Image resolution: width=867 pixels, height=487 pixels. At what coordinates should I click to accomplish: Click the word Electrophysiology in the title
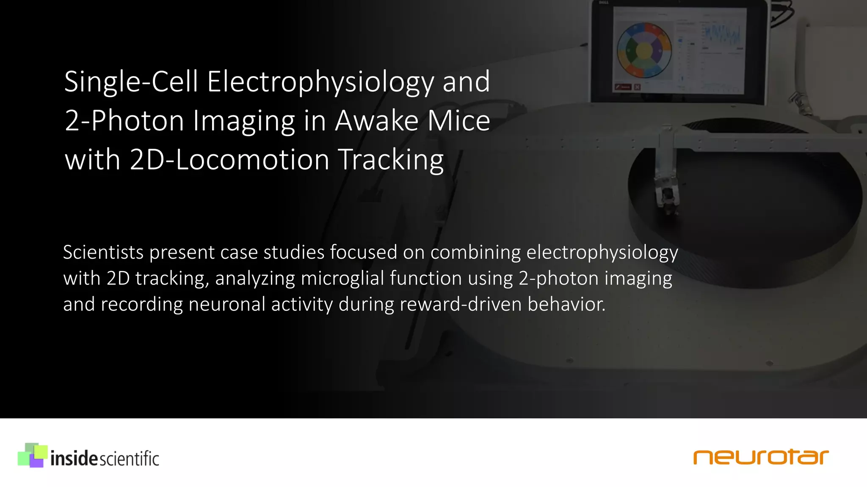coord(320,82)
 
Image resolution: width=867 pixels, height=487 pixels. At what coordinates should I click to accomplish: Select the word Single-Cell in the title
coord(131,82)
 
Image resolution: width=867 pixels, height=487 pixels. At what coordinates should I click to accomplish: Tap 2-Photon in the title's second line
coord(125,121)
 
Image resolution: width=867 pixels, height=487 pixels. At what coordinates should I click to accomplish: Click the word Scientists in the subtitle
coord(103,252)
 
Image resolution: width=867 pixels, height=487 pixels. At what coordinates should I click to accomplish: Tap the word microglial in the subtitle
coord(342,279)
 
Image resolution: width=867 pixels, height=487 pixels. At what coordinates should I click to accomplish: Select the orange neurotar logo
coord(761,457)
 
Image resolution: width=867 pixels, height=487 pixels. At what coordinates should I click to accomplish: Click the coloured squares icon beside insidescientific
coord(32,455)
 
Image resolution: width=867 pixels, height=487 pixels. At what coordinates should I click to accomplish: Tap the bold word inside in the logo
coord(74,459)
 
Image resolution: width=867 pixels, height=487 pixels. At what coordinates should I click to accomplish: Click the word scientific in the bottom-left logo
coord(129,459)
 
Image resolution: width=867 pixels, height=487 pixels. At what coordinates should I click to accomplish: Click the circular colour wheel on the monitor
coord(643,50)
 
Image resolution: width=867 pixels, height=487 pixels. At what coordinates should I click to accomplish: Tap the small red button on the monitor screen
coord(623,87)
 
